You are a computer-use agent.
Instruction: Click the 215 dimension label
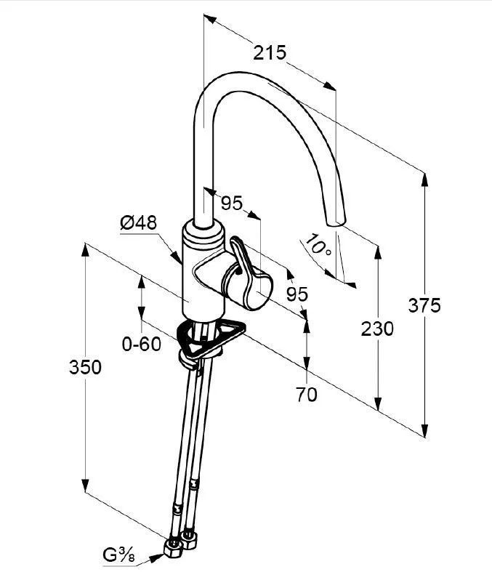[270, 52]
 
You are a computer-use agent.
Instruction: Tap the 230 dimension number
[378, 329]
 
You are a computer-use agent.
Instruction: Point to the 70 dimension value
[307, 395]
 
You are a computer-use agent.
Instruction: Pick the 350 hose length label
[86, 368]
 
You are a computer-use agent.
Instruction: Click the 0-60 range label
[141, 344]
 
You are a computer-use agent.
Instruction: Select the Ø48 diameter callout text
[138, 224]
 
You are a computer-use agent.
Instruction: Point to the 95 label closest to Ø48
[232, 204]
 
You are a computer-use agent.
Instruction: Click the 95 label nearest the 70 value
[297, 294]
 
